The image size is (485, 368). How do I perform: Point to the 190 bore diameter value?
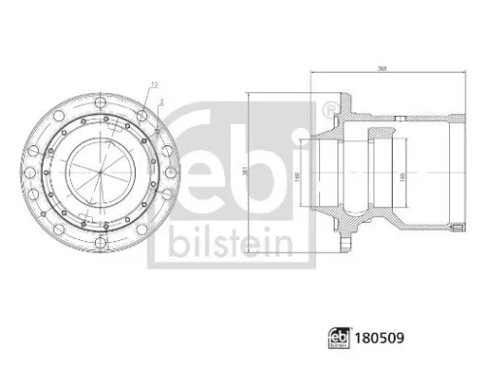click(297, 174)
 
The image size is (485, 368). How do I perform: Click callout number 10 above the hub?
click(152, 85)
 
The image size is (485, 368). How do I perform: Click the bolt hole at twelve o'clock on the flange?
click(100, 99)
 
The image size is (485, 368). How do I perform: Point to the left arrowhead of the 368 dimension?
click(312, 75)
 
